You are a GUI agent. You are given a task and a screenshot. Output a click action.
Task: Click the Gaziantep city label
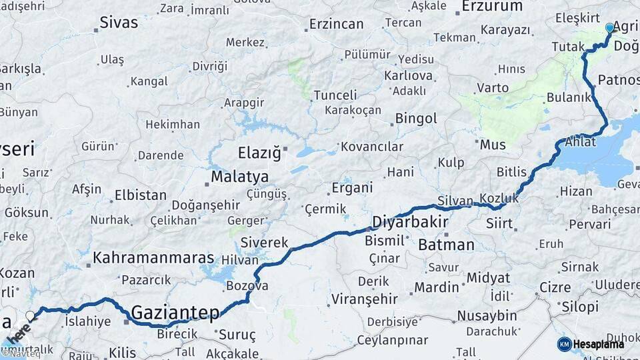point(175,311)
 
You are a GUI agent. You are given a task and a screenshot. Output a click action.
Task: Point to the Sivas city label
point(119,22)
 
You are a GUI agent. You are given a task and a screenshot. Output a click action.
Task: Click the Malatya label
point(239,177)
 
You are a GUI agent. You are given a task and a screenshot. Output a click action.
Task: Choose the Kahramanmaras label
point(154,258)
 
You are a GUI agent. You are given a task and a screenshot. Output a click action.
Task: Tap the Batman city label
point(446,245)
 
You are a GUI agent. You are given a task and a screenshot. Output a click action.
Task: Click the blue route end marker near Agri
point(609,28)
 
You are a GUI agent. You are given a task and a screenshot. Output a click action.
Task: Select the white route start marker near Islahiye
point(30,315)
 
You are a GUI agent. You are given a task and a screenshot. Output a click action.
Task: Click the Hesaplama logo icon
point(564,344)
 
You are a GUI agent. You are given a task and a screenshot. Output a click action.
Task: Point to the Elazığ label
point(259,153)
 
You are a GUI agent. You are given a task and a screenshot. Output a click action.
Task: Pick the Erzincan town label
point(337,25)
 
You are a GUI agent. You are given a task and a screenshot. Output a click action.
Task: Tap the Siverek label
point(264,242)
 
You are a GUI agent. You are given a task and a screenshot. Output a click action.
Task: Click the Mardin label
point(437,287)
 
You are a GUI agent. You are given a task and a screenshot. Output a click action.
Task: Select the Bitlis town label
point(511,172)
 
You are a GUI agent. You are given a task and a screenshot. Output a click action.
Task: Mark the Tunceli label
point(335,95)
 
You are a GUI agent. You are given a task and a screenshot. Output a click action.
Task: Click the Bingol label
point(416,119)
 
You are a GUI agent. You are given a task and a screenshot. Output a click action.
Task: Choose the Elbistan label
point(140,195)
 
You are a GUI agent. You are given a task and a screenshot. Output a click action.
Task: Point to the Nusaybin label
point(487,315)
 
